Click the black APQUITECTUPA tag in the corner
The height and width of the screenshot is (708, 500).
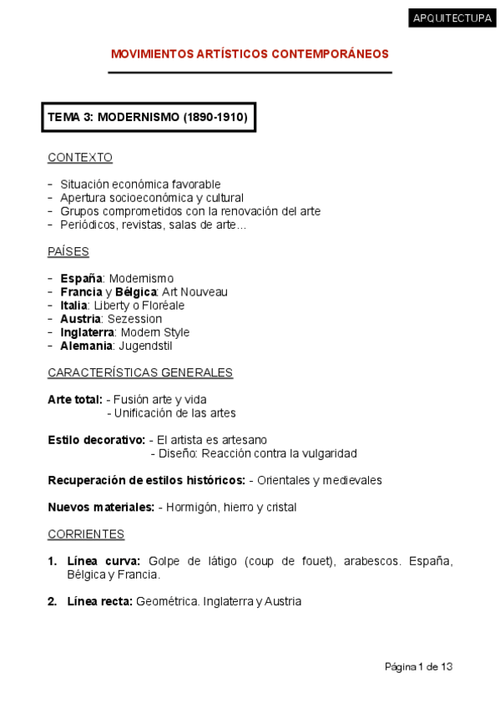tap(452, 19)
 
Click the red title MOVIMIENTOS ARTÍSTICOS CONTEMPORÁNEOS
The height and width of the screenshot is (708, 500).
tap(250, 54)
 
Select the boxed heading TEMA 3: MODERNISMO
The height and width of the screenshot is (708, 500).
tap(148, 118)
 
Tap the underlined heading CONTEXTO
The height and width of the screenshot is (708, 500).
tap(80, 157)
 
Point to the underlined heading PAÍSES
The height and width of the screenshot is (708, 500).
tap(68, 251)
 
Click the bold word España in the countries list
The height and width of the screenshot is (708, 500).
tap(81, 278)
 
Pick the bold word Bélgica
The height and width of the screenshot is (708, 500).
tap(136, 292)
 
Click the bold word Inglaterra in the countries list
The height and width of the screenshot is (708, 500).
tap(88, 332)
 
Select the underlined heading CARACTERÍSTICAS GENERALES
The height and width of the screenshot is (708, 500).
tap(140, 372)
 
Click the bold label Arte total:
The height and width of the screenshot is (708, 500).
tap(75, 399)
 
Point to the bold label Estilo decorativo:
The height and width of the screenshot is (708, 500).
tap(96, 440)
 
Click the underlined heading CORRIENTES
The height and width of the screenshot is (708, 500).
tap(86, 534)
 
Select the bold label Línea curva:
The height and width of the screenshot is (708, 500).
tap(104, 561)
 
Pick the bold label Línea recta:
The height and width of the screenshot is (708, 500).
tap(100, 601)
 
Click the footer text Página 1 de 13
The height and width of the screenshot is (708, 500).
tap(418, 666)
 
